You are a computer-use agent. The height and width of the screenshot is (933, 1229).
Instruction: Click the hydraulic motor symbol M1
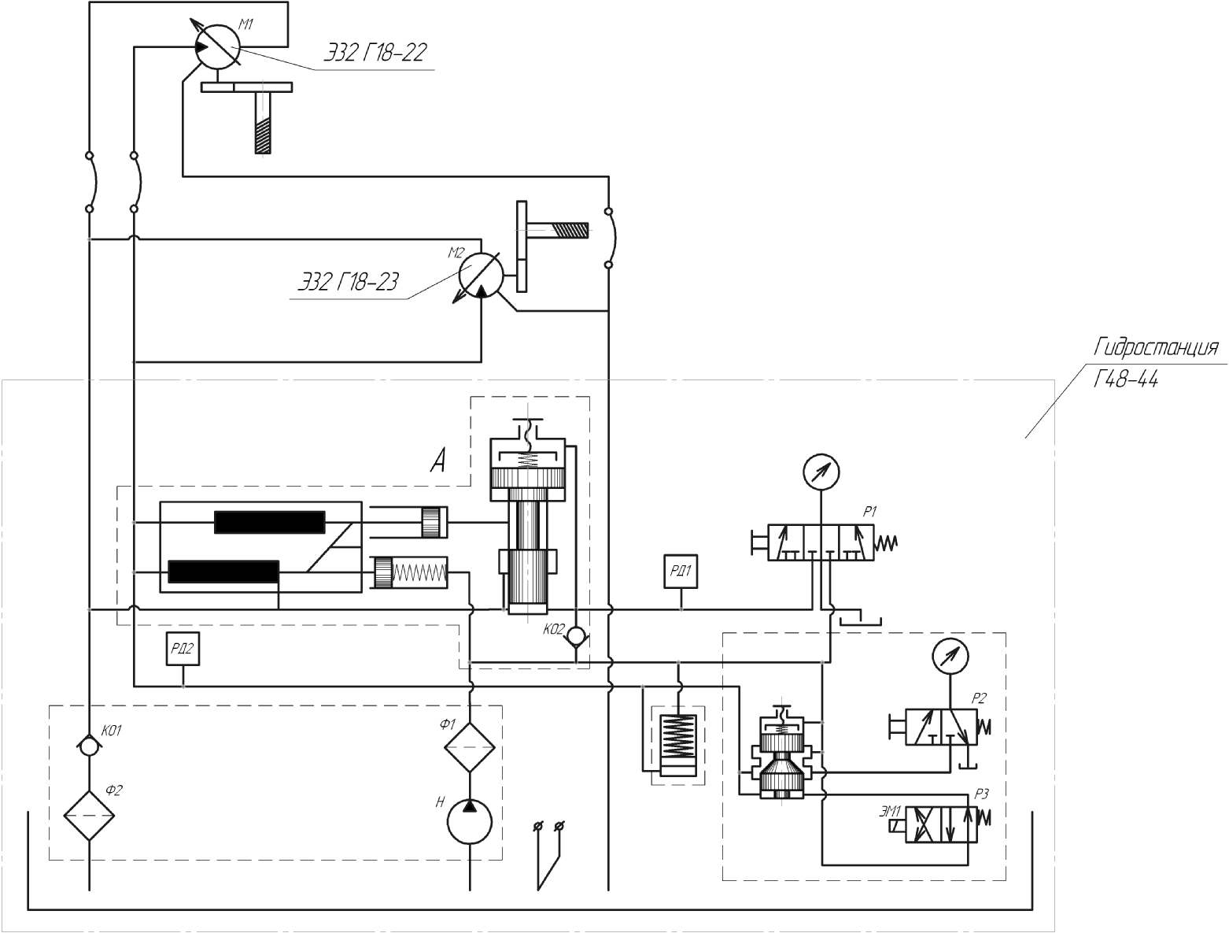(218, 47)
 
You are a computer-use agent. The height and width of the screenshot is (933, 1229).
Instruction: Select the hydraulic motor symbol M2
(481, 275)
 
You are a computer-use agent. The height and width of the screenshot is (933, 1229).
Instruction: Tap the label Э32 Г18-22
(376, 52)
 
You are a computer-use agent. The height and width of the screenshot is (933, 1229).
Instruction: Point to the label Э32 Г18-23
(349, 282)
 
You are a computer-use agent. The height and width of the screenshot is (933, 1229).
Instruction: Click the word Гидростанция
(1156, 348)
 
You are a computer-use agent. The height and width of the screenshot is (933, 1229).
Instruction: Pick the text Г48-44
(1125, 380)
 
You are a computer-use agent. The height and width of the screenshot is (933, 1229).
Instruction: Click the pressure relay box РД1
(681, 572)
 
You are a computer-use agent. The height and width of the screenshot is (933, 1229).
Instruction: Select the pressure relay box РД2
(183, 649)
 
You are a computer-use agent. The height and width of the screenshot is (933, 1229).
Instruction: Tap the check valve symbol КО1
(89, 746)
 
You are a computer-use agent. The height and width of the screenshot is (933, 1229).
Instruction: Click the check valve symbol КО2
(576, 636)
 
